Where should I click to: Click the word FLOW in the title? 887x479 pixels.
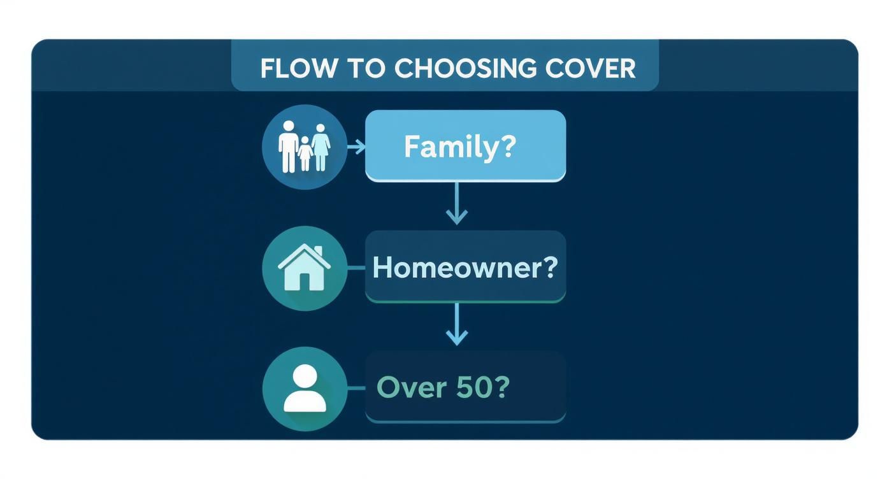[x=299, y=69]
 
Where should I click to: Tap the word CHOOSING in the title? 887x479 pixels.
[x=466, y=69]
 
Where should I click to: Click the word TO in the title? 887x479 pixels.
[x=366, y=69]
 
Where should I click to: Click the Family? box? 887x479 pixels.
[x=465, y=146]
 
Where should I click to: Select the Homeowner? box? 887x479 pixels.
[x=465, y=267]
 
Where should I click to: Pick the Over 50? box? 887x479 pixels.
[x=465, y=387]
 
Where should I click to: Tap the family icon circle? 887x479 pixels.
[x=305, y=147]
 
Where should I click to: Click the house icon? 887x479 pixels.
[x=304, y=268]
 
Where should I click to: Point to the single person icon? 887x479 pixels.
[x=305, y=389]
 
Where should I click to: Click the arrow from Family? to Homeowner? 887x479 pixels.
[x=457, y=203]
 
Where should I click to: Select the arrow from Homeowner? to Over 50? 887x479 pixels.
[x=457, y=324]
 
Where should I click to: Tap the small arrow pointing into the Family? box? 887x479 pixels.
[x=356, y=147]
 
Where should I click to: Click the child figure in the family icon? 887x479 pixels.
[x=305, y=154]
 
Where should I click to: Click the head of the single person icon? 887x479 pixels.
[x=305, y=376]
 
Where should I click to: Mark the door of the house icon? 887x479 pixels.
[x=304, y=281]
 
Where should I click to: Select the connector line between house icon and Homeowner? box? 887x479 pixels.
[x=356, y=268]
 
